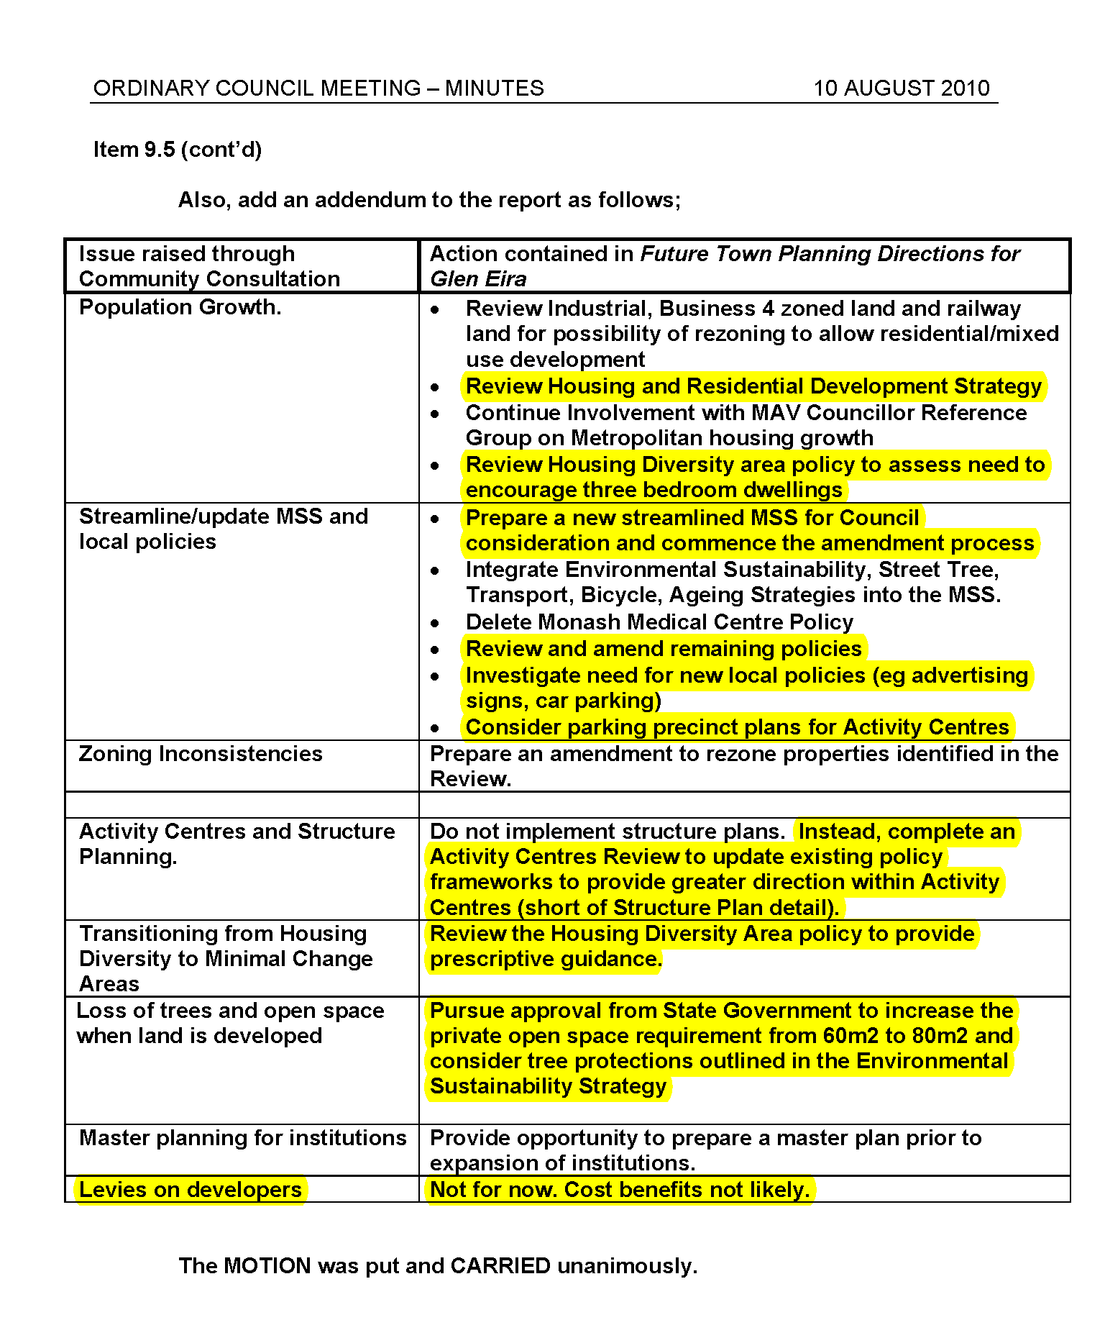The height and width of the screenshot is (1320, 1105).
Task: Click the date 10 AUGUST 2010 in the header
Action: pos(901,88)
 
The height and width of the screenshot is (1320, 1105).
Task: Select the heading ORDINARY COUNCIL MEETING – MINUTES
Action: pos(318,88)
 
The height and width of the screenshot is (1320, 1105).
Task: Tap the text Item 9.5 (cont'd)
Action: pos(178,150)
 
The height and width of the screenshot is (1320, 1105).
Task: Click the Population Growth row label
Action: pos(180,307)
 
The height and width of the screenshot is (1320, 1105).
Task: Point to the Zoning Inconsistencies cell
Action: pos(201,754)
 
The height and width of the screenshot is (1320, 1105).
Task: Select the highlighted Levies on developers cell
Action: pos(190,1190)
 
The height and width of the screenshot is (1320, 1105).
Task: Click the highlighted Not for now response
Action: pos(619,1190)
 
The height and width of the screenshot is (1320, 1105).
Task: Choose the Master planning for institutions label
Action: pos(242,1138)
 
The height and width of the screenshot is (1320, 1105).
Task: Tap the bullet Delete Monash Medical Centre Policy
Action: pos(659,622)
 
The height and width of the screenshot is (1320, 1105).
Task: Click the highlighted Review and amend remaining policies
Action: pos(663,649)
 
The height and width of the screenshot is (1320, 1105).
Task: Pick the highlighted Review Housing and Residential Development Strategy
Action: pos(753,386)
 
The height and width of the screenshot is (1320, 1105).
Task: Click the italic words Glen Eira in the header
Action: pos(478,279)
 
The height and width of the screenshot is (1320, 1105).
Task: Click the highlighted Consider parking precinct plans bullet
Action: pos(737,727)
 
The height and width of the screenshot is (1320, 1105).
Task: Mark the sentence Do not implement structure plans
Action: pos(607,832)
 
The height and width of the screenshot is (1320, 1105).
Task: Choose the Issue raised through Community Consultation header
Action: pos(209,266)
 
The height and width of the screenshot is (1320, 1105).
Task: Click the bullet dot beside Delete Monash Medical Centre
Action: pos(435,623)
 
